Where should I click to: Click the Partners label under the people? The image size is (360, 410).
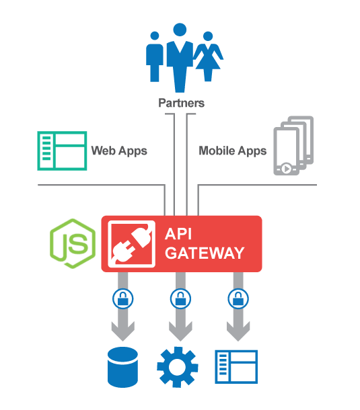[x=181, y=104]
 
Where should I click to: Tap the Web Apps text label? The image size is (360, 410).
[x=119, y=151]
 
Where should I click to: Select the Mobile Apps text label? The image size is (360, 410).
[x=232, y=151]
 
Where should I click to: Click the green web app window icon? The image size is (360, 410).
[x=62, y=150]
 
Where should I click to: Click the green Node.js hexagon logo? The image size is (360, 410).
[x=72, y=243]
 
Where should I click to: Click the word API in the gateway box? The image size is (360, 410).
[x=180, y=235]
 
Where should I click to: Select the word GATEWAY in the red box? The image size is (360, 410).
[x=205, y=253]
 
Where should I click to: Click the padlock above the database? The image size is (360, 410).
[x=122, y=297]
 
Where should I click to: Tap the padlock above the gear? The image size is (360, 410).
[x=180, y=297]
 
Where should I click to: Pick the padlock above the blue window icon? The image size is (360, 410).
[x=237, y=297]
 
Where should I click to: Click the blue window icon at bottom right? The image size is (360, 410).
[x=236, y=366]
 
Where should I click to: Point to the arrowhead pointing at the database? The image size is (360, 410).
[x=122, y=331]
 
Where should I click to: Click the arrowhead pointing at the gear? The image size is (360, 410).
[x=180, y=331]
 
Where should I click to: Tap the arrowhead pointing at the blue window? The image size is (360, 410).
[x=237, y=331]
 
